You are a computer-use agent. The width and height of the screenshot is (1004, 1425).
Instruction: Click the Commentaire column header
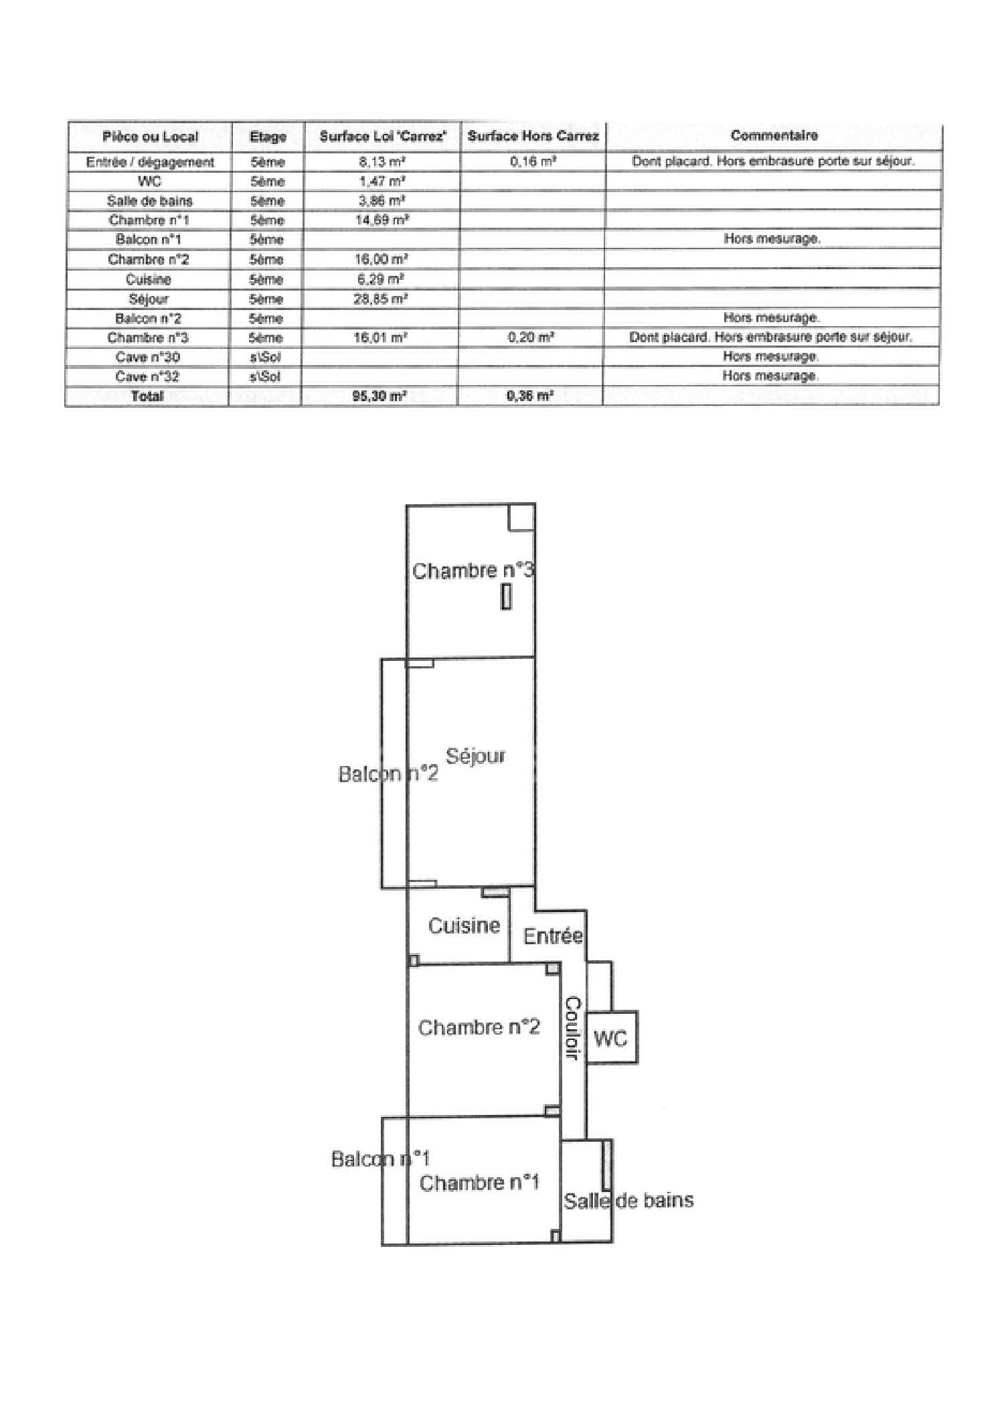pyautogui.click(x=774, y=136)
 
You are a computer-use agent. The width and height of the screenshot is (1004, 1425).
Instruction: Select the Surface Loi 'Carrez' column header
pyautogui.click(x=382, y=137)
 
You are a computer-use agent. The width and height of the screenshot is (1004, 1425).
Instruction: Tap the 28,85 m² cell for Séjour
pyautogui.click(x=380, y=299)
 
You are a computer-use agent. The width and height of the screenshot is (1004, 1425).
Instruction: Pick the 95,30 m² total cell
pyautogui.click(x=380, y=396)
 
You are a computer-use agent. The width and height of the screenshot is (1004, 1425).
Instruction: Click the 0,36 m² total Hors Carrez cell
pyautogui.click(x=530, y=396)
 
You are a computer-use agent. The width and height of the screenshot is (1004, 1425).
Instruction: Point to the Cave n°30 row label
pyautogui.click(x=147, y=357)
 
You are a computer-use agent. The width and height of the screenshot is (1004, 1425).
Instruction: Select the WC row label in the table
pyautogui.click(x=149, y=181)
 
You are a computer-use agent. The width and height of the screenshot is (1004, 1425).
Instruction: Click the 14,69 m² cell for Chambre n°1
pyautogui.click(x=382, y=220)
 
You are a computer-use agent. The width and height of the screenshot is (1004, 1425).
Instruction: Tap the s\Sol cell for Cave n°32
pyautogui.click(x=265, y=376)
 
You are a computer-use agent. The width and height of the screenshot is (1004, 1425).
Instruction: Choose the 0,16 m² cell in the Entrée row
pyautogui.click(x=533, y=161)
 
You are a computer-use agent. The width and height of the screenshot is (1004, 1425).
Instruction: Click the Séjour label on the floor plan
pyautogui.click(x=475, y=756)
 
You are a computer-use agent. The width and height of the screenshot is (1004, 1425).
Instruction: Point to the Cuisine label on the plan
pyautogui.click(x=464, y=925)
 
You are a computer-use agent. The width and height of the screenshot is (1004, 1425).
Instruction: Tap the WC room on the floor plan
pyautogui.click(x=610, y=1039)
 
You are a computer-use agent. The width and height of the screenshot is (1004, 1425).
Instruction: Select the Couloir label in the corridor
pyautogui.click(x=574, y=1028)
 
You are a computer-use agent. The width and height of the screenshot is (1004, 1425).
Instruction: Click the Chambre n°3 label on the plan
pyautogui.click(x=473, y=571)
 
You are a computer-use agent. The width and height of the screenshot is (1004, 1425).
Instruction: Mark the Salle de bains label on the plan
pyautogui.click(x=628, y=1201)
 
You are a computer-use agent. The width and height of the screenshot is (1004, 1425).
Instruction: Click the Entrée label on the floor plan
pyautogui.click(x=553, y=935)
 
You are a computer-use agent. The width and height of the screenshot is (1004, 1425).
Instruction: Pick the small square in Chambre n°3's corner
pyautogui.click(x=521, y=517)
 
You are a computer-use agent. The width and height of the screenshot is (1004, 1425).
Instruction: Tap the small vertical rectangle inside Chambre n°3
pyautogui.click(x=507, y=597)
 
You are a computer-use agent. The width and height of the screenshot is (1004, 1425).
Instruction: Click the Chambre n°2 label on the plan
pyautogui.click(x=479, y=1027)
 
